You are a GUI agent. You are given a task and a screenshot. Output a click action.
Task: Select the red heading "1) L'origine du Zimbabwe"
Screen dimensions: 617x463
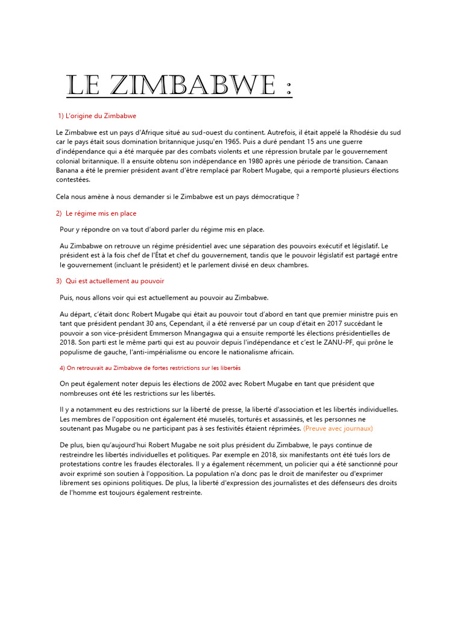97,116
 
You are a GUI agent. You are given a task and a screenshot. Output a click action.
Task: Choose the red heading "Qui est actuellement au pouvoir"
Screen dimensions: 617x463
115,281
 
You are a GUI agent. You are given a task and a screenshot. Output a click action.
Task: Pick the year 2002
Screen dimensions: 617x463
215,384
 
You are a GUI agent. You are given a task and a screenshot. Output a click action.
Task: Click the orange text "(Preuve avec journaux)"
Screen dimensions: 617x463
338,428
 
